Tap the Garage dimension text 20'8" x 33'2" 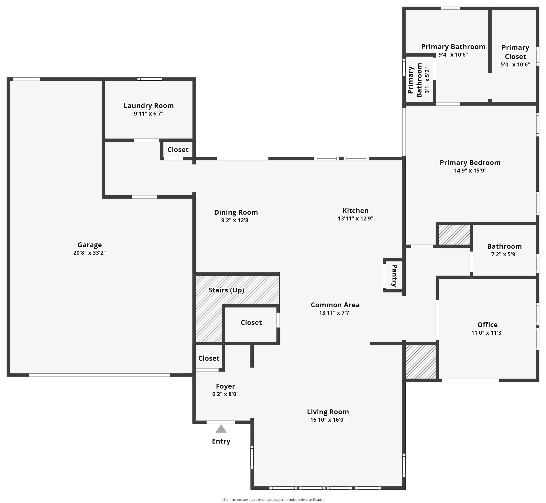click(89, 253)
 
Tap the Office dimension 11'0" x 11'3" click(487, 333)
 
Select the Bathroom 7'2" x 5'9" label click(504, 246)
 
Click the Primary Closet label click(515, 52)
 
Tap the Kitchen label click(355, 210)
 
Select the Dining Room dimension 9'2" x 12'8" click(236, 220)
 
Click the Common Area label click(335, 305)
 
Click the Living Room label click(328, 412)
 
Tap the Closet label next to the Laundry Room click(178, 149)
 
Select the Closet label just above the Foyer click(209, 358)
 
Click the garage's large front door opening click(99, 375)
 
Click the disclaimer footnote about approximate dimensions click(273, 500)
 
